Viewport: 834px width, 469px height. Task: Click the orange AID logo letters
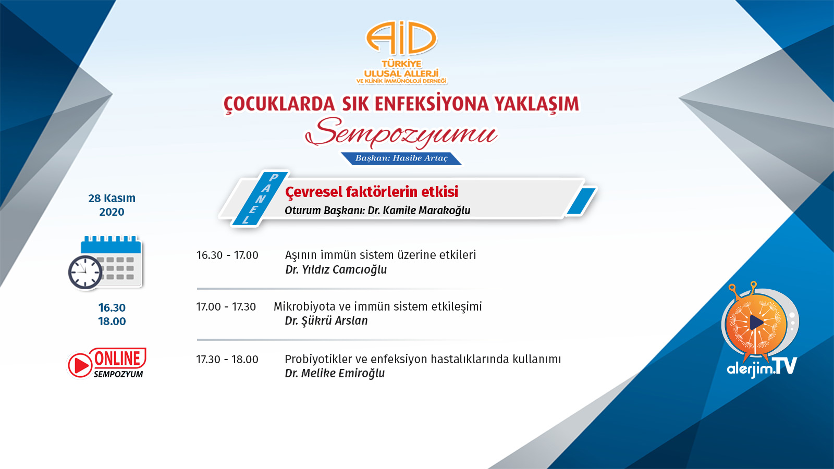click(401, 38)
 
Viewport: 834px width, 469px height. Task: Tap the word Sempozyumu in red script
click(401, 133)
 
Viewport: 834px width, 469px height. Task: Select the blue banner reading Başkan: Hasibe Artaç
click(401, 158)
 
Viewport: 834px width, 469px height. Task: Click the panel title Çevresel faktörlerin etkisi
click(372, 192)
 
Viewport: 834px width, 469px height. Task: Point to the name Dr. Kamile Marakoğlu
click(419, 211)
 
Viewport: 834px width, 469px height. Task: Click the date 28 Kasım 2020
click(112, 205)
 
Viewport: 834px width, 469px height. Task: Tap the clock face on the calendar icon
click(85, 273)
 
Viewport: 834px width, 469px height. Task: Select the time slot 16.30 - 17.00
click(227, 255)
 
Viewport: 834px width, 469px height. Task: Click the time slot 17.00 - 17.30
click(226, 307)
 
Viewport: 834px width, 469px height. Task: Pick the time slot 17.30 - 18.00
click(227, 360)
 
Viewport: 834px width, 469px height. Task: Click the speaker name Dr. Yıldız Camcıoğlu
click(336, 269)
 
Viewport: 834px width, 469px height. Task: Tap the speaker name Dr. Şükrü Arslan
click(326, 320)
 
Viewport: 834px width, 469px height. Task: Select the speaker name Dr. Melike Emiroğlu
click(335, 373)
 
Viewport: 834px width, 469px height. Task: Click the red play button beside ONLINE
click(80, 365)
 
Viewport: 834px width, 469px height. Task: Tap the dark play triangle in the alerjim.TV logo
click(756, 323)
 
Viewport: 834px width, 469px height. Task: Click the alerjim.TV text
click(762, 367)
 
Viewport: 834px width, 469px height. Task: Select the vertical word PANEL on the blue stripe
click(260, 199)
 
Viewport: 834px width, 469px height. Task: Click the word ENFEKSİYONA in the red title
click(431, 104)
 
